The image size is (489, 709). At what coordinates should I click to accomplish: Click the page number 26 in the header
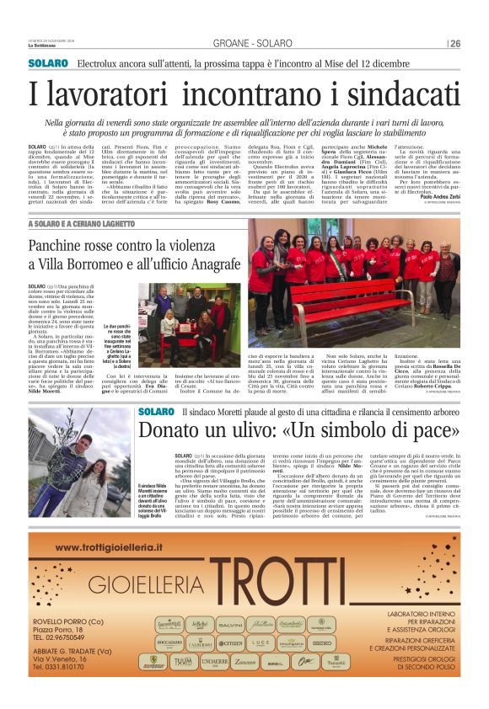click(454, 44)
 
